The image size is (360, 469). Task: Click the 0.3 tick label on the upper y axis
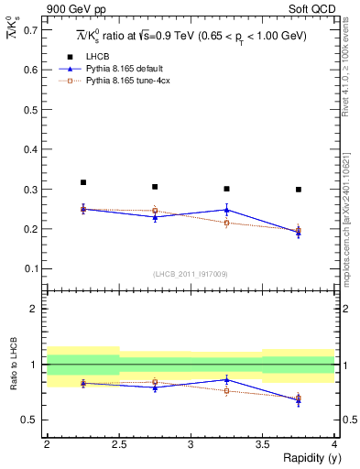pos(30,190)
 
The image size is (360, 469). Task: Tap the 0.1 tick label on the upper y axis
pos(30,268)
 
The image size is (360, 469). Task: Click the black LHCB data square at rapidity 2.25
pos(83,182)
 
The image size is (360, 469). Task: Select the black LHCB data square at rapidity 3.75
pos(299,190)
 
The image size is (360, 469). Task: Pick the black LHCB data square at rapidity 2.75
pos(155,187)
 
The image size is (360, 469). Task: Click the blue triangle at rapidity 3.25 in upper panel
pos(227,210)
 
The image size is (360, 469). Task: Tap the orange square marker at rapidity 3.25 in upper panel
pos(227,223)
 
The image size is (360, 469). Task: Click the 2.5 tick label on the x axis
pos(119,443)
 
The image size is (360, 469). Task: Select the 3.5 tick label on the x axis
pos(262,443)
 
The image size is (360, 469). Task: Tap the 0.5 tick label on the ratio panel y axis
pos(30,420)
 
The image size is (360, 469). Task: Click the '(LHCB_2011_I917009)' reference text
pos(191,274)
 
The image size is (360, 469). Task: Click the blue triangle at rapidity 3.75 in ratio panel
pos(299,400)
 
